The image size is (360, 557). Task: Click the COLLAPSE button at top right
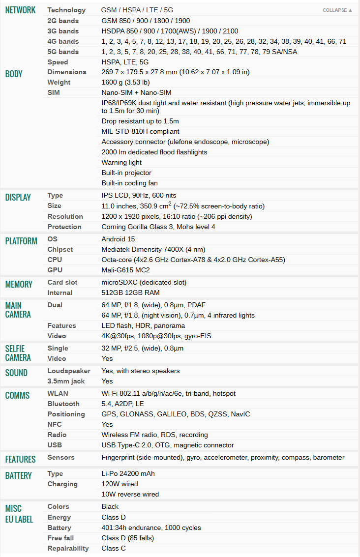coord(337,10)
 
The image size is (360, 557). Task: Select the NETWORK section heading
coord(20,10)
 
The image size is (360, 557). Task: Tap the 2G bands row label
coord(62,21)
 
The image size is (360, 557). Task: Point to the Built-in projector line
coord(126,173)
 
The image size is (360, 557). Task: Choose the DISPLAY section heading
coord(18,198)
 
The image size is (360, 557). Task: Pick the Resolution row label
coord(64,216)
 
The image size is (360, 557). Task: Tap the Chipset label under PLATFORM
coord(60,249)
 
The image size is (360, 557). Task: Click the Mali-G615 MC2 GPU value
coord(126,270)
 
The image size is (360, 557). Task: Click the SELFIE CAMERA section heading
coord(18,353)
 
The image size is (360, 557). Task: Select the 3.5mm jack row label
coord(66,381)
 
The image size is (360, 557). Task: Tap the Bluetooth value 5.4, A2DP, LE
coord(123,404)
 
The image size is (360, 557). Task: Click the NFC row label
coord(54,424)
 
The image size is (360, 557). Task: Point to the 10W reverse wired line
coord(130,494)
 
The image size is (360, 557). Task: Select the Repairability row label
coord(68,548)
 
